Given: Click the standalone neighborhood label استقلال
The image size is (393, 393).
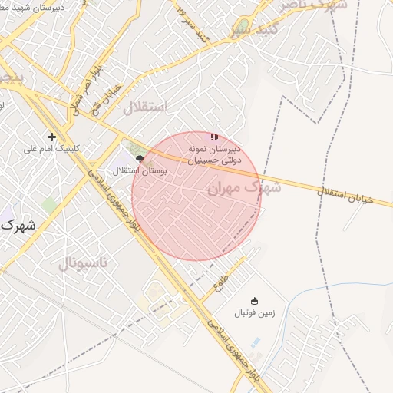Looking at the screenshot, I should [x=144, y=107].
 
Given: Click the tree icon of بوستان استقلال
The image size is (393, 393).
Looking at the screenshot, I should [x=140, y=159].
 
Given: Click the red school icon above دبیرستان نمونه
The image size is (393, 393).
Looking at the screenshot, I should [x=213, y=137].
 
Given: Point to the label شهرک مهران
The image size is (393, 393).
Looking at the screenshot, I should [x=243, y=187].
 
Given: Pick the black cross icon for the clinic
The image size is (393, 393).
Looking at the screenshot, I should [x=51, y=137].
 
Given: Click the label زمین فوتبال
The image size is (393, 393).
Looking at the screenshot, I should [x=254, y=313].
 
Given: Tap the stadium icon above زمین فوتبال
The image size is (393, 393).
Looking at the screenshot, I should [x=254, y=300].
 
